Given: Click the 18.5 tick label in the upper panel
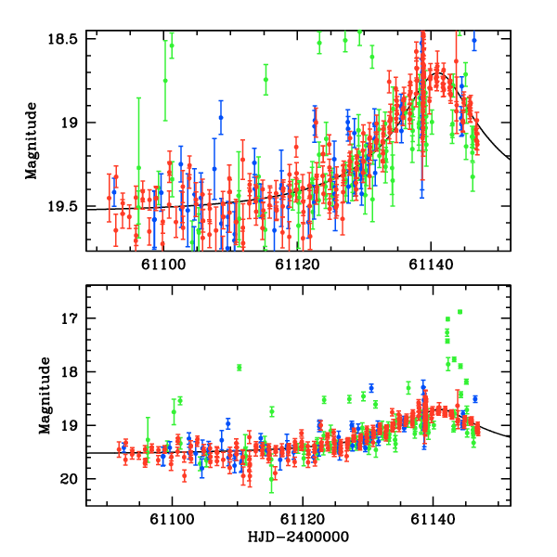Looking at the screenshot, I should tap(68, 38).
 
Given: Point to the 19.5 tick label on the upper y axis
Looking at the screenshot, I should tap(68, 208).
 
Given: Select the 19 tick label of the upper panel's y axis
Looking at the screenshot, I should tap(74, 123).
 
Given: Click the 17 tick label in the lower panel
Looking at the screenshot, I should tap(74, 318).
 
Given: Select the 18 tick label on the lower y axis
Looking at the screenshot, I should tap(74, 372).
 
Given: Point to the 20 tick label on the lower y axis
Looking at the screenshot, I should tap(74, 479).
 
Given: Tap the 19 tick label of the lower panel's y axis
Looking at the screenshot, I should tap(74, 426).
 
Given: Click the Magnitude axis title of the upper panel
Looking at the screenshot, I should tap(32, 142).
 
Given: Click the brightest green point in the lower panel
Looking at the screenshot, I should tap(460, 312).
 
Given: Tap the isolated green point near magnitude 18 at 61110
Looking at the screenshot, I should tap(240, 368).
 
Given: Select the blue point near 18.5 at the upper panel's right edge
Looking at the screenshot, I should tap(473, 41).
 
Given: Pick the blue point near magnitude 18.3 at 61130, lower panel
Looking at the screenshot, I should tap(370, 388).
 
